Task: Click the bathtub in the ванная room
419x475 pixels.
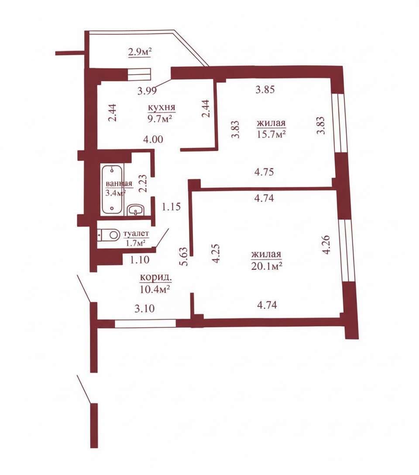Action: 112,189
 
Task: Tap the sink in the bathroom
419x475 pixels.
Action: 136,210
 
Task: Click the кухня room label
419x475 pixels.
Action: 161,107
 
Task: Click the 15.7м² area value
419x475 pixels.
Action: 271,133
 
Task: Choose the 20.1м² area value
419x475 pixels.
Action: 267,266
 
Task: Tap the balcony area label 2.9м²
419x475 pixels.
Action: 140,52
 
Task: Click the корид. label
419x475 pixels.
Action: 156,278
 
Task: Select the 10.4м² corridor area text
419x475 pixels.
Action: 155,289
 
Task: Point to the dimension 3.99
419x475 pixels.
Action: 147,91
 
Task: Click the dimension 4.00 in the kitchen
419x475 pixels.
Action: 153,139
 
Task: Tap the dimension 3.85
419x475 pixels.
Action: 265,89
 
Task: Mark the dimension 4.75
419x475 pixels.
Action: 264,172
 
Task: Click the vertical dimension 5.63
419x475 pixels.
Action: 184,257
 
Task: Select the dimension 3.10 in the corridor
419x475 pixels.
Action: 144,308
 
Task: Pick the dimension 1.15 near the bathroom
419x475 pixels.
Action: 172,207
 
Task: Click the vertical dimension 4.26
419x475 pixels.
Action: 326,245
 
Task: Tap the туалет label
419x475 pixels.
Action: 137,234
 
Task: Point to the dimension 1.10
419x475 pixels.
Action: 140,260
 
